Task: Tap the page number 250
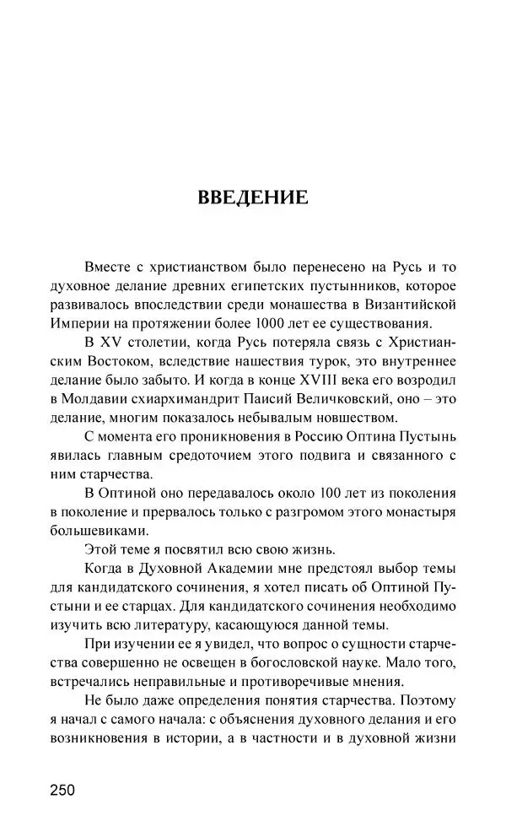tap(62, 790)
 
